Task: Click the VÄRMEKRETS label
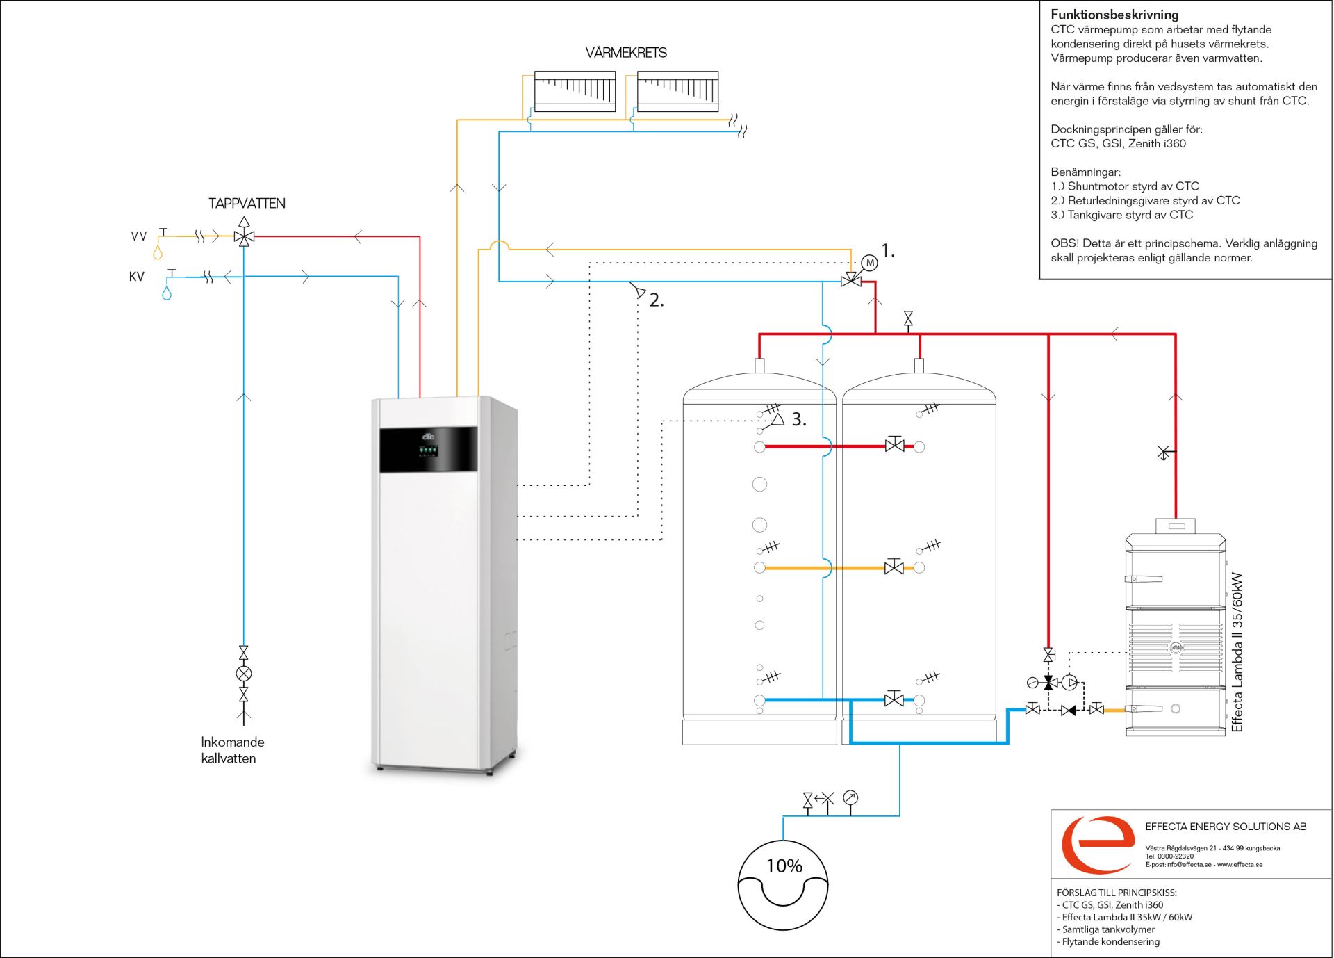coord(626,53)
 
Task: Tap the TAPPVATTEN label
coord(247,203)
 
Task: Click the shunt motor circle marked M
coord(870,263)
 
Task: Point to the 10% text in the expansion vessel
coord(784,866)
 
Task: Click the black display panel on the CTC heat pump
coord(429,449)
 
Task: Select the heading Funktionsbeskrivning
coord(1114,15)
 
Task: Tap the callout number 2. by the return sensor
coord(657,300)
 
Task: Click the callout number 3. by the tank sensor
coord(799,419)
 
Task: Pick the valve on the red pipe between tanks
coord(895,445)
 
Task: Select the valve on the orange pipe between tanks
coord(894,567)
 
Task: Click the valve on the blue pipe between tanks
coord(894,699)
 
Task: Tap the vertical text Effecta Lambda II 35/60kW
coord(1237,652)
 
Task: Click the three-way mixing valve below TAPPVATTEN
coord(244,237)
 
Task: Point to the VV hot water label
coord(139,236)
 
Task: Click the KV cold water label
coord(137,277)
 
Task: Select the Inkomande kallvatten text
coord(233,750)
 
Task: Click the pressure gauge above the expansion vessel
coord(850,798)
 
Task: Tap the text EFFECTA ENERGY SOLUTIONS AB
coord(1226,827)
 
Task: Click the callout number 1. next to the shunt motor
coord(888,251)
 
